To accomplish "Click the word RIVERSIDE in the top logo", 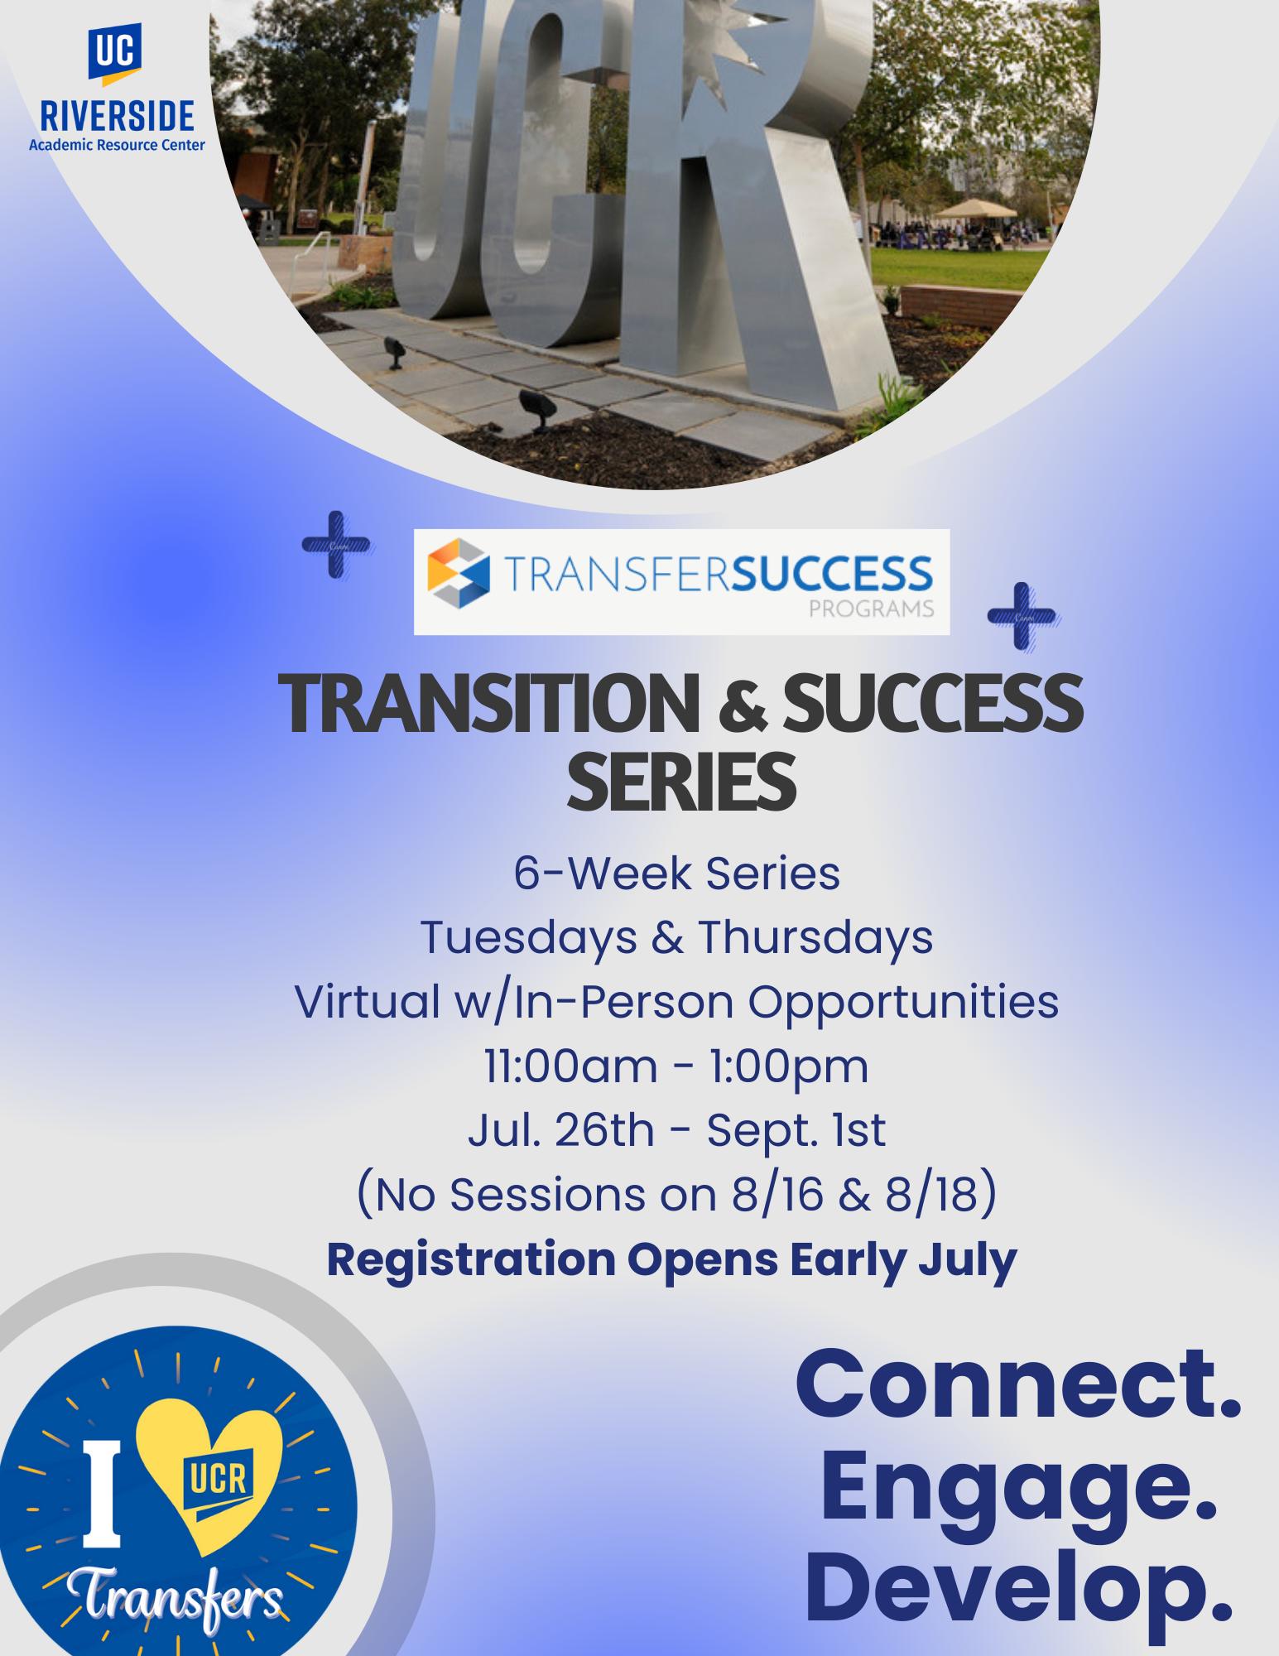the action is (118, 117).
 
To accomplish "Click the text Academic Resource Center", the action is (117, 145).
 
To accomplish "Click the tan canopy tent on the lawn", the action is (977, 209).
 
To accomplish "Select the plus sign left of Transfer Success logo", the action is (337, 545).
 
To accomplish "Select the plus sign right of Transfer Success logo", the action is (1023, 617).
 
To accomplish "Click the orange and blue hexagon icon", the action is (459, 573).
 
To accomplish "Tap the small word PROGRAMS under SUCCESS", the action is (871, 609).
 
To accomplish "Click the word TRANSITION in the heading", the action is (489, 704).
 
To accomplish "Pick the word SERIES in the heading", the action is (681, 782).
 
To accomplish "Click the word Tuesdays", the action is (529, 939).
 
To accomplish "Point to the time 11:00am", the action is (571, 1066).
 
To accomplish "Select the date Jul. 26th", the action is (561, 1130).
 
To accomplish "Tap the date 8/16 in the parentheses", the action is (778, 1195).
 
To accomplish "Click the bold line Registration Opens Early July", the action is (672, 1260).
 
